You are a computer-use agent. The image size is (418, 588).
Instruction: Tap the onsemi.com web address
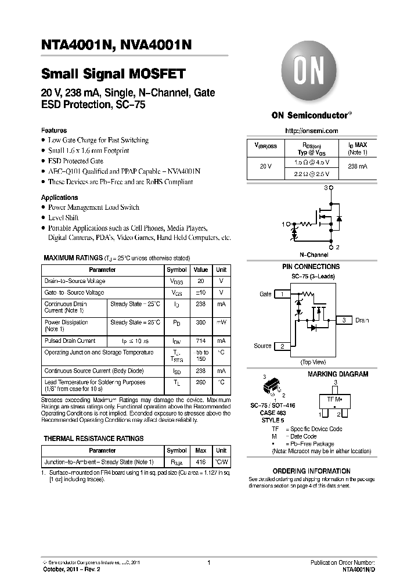(x=312, y=131)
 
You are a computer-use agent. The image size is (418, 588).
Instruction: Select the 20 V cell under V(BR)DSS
(x=265, y=166)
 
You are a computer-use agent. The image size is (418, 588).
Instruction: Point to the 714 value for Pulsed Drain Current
(x=200, y=341)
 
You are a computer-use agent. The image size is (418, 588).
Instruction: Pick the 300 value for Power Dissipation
(x=200, y=322)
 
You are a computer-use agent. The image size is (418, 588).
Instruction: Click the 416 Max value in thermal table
(x=200, y=462)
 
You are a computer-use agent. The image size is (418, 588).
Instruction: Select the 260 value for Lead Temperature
(x=200, y=382)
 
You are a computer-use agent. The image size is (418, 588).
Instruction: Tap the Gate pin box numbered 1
(x=282, y=294)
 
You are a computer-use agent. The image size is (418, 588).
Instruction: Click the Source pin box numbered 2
(x=282, y=346)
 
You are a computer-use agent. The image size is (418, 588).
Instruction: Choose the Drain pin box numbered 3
(x=344, y=320)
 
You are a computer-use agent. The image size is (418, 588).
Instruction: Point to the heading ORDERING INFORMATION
(x=311, y=471)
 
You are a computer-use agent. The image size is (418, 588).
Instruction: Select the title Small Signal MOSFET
(x=113, y=74)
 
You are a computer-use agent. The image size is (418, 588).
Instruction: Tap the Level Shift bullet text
(x=63, y=218)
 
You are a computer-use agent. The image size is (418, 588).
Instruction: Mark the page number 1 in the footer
(x=208, y=562)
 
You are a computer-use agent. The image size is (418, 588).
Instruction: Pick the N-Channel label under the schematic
(x=313, y=254)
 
